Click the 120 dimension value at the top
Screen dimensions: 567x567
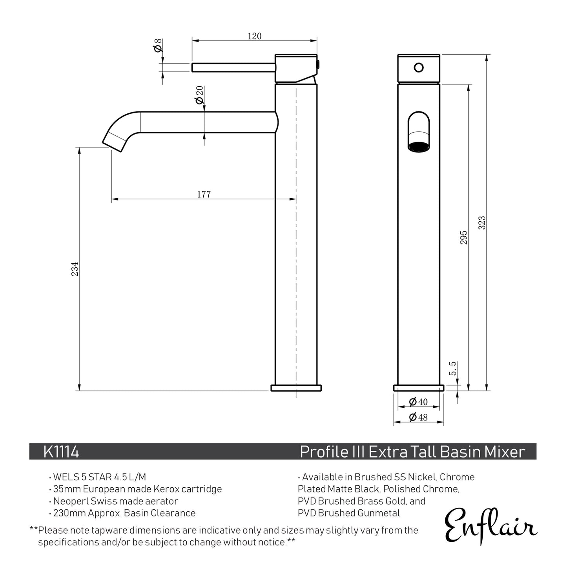tap(254, 36)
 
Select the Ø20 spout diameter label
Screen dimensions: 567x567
tap(199, 95)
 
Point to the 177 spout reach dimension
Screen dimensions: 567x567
tap(204, 194)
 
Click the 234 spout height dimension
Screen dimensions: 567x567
tap(75, 269)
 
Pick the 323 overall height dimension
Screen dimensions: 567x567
tap(482, 222)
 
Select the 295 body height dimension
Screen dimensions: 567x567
tap(464, 237)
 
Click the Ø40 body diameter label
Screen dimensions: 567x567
tap(418, 402)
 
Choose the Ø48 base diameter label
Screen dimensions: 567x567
tap(418, 417)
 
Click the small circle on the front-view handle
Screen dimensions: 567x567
tap(419, 67)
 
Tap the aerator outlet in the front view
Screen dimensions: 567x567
tap(419, 147)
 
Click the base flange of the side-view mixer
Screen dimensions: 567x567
tap(296, 388)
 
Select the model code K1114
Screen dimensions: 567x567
tap(61, 452)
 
